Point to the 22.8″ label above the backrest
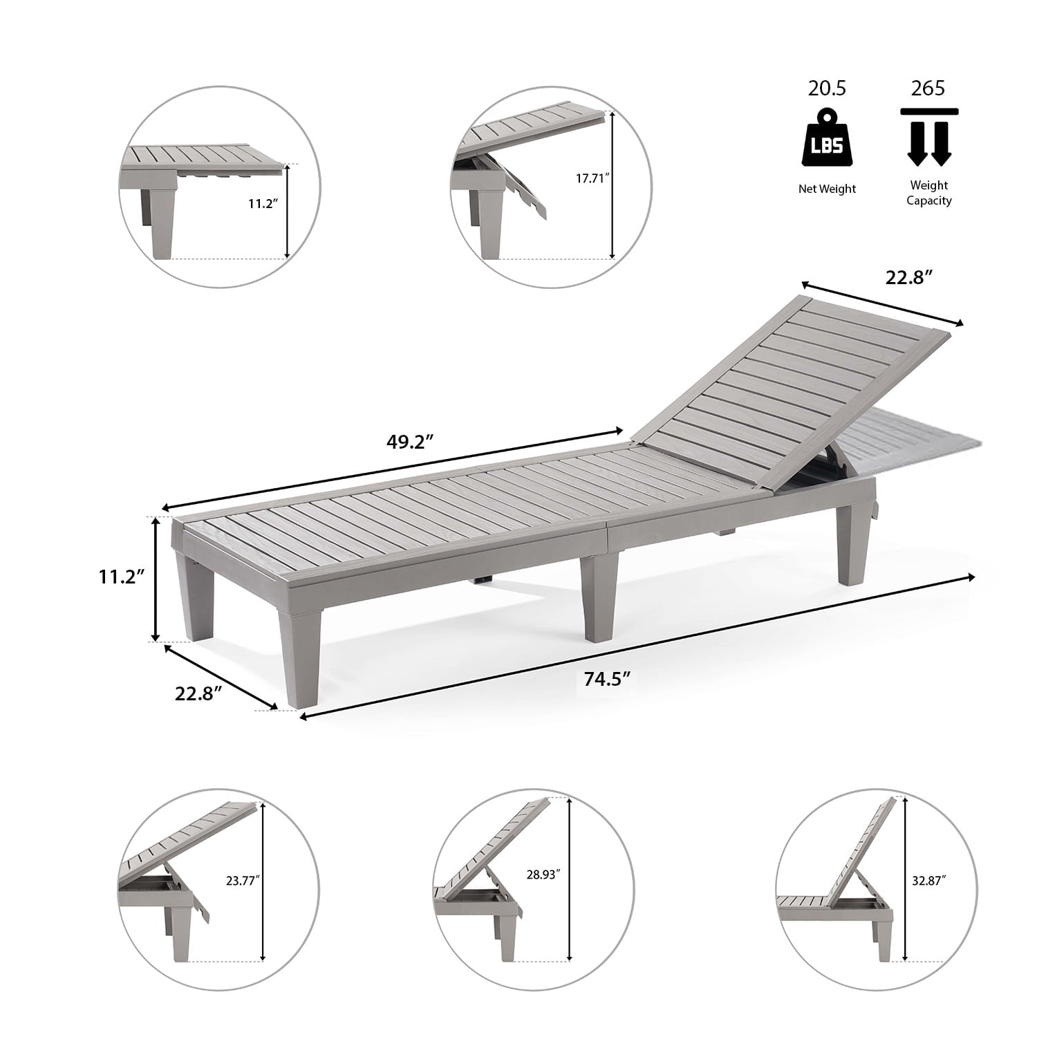point(910,277)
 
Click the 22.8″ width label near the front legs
point(198,693)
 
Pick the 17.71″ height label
point(593,178)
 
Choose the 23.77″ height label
point(242,881)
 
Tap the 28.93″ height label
point(543,875)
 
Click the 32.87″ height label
point(929,881)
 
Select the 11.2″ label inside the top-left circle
point(263,204)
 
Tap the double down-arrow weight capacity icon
point(929,137)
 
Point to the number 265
point(928,88)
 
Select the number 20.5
point(828,88)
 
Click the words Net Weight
point(828,189)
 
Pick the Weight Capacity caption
point(929,193)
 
